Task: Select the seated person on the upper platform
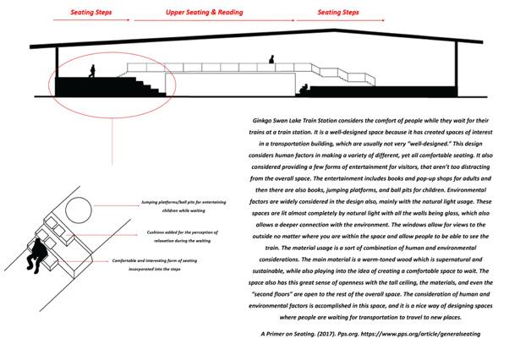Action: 272,60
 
